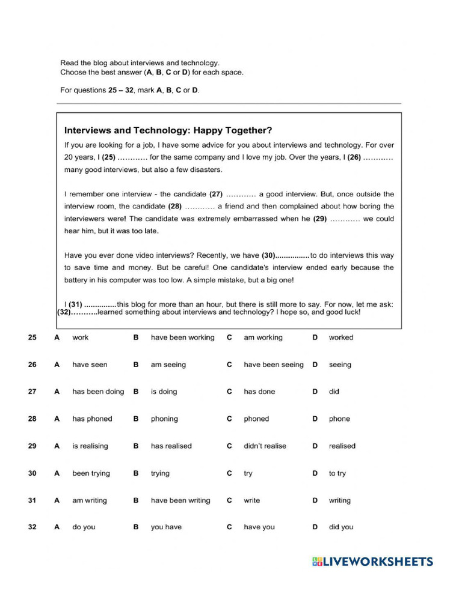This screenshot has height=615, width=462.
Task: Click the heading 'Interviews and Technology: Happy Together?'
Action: coord(168,130)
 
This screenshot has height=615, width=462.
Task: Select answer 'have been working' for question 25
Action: coord(182,338)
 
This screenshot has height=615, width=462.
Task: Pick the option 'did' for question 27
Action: coord(334,392)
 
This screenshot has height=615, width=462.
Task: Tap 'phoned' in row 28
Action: coord(256,419)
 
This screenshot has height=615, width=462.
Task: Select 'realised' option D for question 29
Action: coord(342,446)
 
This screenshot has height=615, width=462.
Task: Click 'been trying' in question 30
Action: coord(91,473)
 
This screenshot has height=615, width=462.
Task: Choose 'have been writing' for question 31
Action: coord(180,500)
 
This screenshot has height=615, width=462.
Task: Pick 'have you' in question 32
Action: coord(259,527)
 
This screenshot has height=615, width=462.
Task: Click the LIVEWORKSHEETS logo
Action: coord(372,562)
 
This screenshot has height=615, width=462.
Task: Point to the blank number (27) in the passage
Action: coord(216,194)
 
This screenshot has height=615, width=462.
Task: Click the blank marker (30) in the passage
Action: coord(268,255)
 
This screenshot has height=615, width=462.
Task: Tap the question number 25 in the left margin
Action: coord(32,338)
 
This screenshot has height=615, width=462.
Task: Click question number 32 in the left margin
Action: coord(32,527)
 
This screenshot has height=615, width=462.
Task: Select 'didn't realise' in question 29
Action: coord(265,446)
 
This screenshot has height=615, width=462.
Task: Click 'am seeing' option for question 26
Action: coord(168,365)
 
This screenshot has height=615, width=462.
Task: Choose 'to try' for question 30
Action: coord(337,473)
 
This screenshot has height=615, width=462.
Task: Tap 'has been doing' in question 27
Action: coord(98,392)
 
